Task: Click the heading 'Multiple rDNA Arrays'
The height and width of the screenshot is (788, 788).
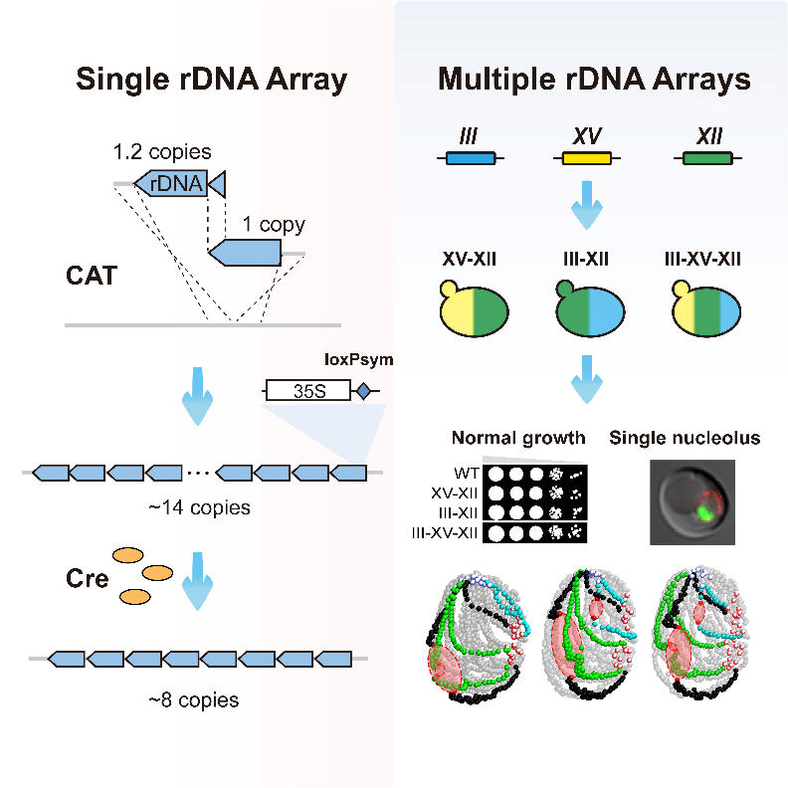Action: tap(594, 81)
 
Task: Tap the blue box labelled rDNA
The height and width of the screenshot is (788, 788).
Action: tap(172, 183)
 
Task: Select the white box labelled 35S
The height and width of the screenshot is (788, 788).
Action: tap(308, 392)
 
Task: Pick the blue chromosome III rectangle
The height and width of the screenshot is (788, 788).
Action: tap(471, 157)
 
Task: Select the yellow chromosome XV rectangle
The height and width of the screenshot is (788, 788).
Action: tap(588, 157)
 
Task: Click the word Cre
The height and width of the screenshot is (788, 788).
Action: tap(89, 578)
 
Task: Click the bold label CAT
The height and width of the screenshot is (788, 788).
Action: tap(91, 275)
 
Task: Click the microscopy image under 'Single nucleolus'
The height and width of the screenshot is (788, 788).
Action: tap(692, 500)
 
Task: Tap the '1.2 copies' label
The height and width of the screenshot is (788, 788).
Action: tap(162, 152)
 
